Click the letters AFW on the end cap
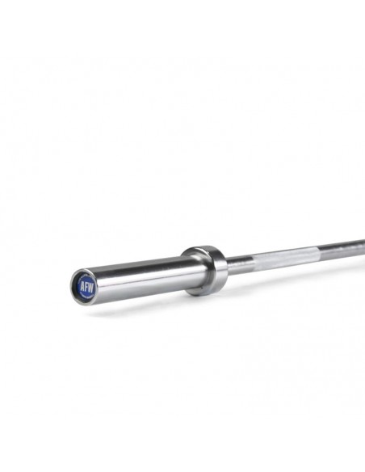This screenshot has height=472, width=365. (x=86, y=287)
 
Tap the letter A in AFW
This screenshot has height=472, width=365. (x=81, y=288)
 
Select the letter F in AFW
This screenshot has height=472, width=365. (x=86, y=287)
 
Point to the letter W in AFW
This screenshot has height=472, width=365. (x=90, y=286)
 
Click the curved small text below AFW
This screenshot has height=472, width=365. (x=86, y=295)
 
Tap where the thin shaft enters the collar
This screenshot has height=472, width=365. (x=225, y=263)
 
